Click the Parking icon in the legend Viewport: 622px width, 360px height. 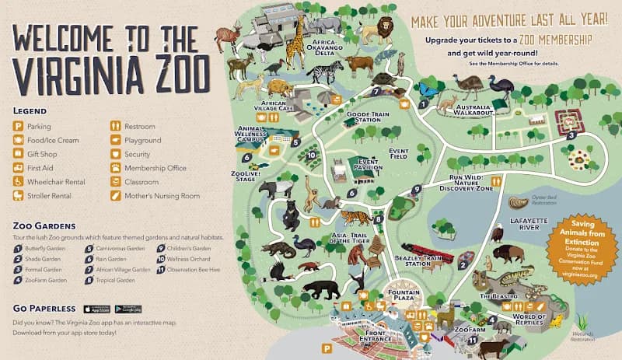click(17, 127)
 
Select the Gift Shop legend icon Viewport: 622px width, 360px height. click(17, 154)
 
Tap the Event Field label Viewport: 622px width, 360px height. click(398, 155)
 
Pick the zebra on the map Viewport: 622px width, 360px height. click(324, 75)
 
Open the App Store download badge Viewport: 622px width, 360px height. click(96, 309)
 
